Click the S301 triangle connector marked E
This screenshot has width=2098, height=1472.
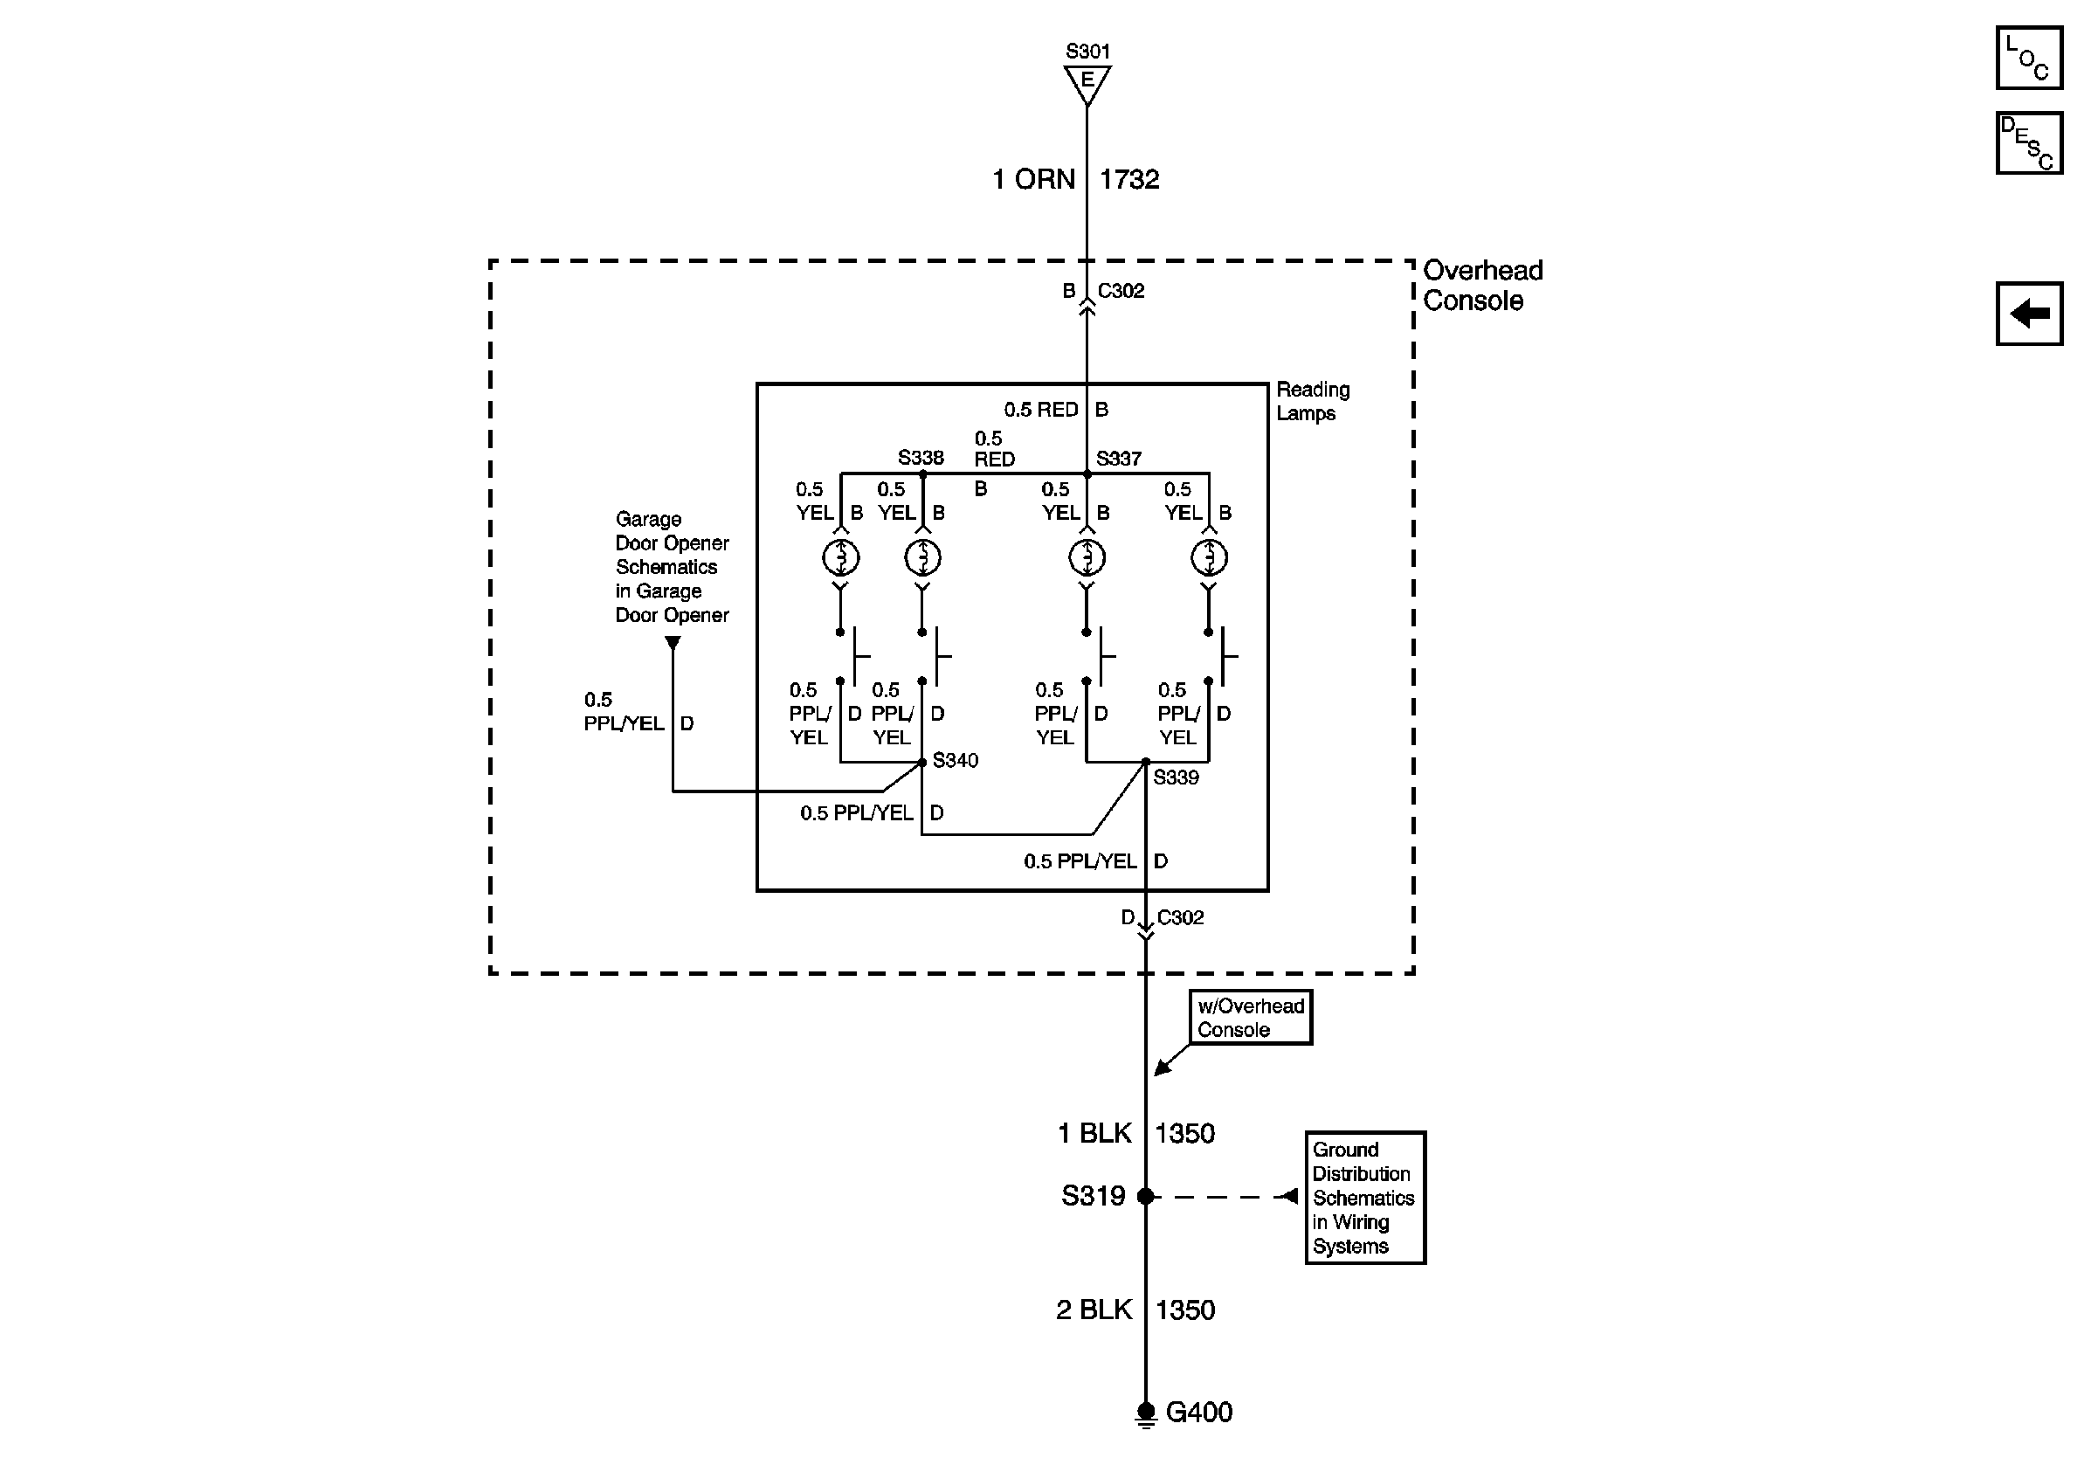tap(1087, 83)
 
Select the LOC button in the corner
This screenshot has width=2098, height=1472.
tap(2028, 58)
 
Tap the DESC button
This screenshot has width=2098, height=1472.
tap(2028, 142)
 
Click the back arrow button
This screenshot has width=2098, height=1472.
tap(2028, 314)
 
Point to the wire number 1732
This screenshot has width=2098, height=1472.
tap(1129, 179)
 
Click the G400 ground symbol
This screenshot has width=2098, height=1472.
tap(1146, 1413)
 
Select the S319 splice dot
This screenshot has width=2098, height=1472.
tap(1146, 1196)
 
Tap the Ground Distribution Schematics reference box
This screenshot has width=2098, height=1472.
tap(1365, 1197)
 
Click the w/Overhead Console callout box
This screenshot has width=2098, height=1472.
tap(1250, 1017)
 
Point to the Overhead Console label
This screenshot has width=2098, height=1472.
tap(1482, 285)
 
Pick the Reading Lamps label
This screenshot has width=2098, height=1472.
tap(1312, 401)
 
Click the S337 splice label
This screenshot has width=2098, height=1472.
tap(1119, 459)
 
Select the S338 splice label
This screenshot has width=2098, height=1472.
tap(920, 458)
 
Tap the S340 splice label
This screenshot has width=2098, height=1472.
tap(955, 760)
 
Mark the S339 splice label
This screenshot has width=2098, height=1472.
tap(1175, 777)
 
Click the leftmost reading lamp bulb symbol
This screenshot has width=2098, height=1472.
tap(840, 556)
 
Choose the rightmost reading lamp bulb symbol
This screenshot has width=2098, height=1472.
tap(1209, 556)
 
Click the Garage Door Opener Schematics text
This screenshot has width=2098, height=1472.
tap(672, 566)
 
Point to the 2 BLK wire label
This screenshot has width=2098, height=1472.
tap(1094, 1310)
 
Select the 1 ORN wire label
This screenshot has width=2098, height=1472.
tap(1033, 179)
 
